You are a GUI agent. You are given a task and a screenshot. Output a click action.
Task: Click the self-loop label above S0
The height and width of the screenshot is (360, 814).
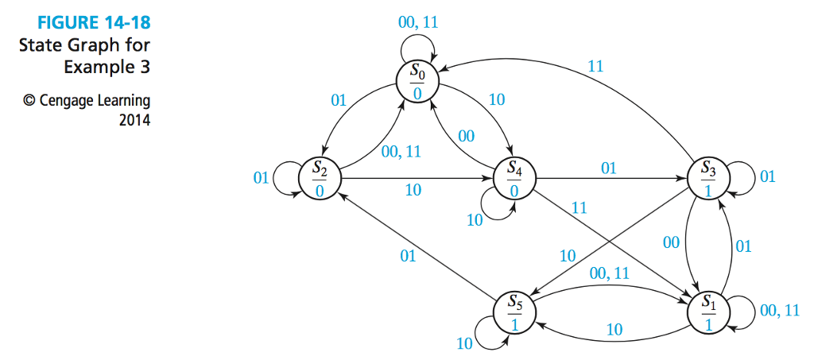click(x=417, y=23)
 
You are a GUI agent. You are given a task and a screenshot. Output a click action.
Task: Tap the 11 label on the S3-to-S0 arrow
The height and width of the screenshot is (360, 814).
click(x=595, y=66)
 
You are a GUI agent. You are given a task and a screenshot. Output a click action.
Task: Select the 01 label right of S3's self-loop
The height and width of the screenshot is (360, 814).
click(x=767, y=177)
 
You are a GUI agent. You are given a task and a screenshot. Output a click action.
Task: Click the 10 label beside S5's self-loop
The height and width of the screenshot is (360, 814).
click(x=464, y=344)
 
